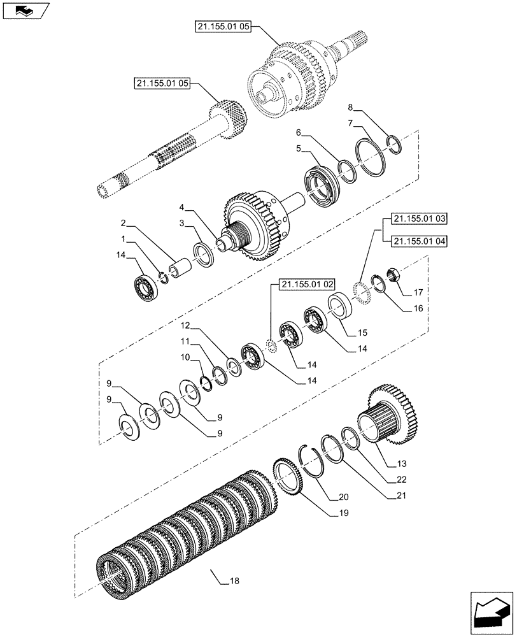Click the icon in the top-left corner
[x=25, y=11]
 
